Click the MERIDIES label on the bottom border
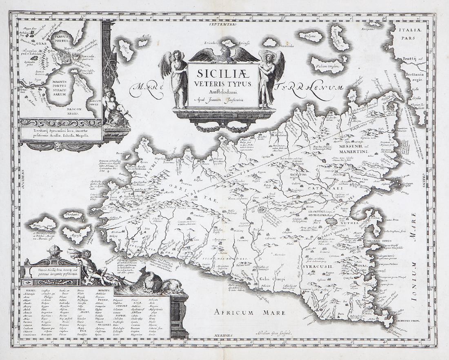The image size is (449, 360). tap(222, 335)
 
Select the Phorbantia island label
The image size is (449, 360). tap(69, 215)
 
